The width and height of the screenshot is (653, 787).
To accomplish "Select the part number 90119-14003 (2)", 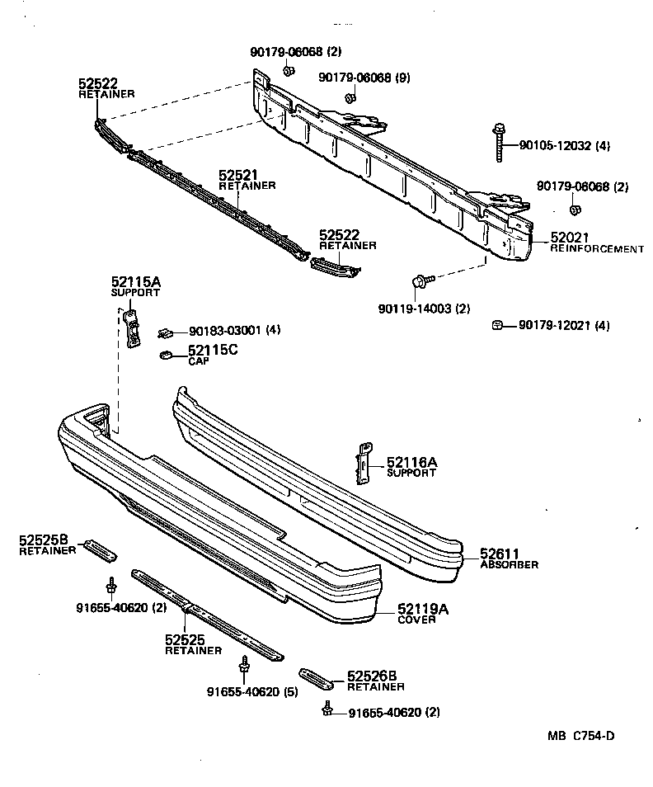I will (425, 309).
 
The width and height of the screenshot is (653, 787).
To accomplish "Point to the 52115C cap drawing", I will (166, 356).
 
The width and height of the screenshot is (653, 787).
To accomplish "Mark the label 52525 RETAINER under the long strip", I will (191, 643).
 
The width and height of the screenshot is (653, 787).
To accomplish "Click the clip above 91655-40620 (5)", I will (244, 664).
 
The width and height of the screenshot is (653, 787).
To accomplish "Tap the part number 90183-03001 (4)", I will (235, 329).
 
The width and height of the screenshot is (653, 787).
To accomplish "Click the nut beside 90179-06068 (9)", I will (350, 98).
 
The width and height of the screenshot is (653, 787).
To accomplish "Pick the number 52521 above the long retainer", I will (238, 176).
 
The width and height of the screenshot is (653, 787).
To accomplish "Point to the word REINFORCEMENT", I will (597, 248).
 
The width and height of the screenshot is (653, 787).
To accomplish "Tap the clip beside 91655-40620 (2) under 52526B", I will (329, 709).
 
